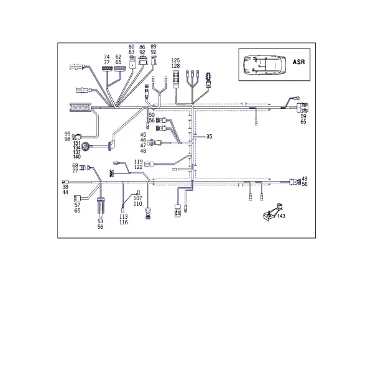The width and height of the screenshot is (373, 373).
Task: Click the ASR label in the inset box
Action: point(298,62)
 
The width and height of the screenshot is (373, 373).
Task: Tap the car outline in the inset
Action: point(264,65)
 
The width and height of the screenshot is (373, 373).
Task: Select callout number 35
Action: point(209,137)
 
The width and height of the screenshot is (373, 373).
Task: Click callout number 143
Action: point(281,216)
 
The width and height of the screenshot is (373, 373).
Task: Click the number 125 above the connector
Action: point(175,60)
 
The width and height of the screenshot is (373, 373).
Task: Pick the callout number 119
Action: point(139,162)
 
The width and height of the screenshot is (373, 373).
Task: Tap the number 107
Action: point(138,198)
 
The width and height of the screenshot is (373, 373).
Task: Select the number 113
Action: point(124,217)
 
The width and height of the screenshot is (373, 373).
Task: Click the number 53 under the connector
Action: point(100,221)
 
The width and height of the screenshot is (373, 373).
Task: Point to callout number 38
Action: point(65,187)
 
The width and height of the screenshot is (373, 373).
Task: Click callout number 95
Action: point(68,134)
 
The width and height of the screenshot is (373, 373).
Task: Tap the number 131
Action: point(76,143)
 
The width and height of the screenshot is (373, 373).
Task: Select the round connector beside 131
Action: point(85,147)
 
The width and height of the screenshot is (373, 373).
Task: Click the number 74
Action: point(107,57)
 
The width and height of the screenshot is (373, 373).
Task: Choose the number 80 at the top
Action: point(132,47)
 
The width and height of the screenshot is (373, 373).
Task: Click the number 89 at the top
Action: point(154,47)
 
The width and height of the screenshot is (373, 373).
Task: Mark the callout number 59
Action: point(303,116)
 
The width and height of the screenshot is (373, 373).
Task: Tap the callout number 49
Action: point(305,178)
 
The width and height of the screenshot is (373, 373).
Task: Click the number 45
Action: point(143,135)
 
